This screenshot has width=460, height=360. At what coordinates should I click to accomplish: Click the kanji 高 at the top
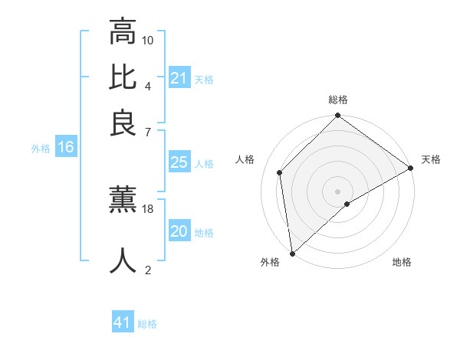(123, 32)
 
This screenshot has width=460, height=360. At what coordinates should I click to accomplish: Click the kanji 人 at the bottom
(123, 260)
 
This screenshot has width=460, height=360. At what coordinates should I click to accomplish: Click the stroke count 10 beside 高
(148, 40)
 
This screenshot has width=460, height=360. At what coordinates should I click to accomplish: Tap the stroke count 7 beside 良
(148, 131)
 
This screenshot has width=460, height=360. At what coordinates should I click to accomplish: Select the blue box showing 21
(179, 78)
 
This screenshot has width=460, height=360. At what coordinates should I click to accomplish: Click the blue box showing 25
(179, 162)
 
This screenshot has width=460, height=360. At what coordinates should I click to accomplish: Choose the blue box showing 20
(179, 232)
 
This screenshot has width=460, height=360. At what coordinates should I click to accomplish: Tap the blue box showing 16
(66, 148)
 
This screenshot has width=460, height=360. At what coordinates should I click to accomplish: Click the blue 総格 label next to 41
(147, 324)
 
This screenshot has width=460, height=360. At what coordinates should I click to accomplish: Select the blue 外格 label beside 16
(41, 149)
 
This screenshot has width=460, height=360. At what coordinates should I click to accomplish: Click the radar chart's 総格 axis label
(337, 100)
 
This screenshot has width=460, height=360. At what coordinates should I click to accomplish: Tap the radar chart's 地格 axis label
(402, 263)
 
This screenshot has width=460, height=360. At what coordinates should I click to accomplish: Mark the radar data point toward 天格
(411, 169)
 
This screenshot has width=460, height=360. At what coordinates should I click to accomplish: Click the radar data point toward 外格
(292, 253)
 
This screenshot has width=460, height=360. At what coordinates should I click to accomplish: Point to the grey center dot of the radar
(337, 191)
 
